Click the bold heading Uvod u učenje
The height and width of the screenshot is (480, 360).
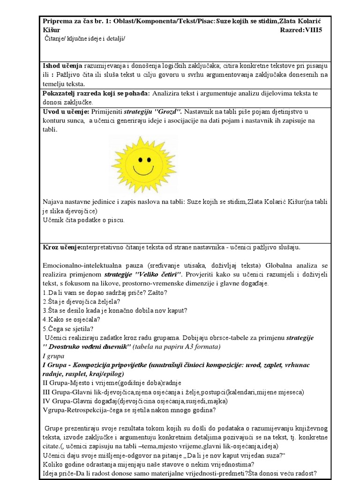(66, 112)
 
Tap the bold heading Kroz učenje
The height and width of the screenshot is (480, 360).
(62, 247)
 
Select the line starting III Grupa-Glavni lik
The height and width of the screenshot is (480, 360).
(173, 391)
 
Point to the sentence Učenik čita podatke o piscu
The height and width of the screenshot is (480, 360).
(84, 219)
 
